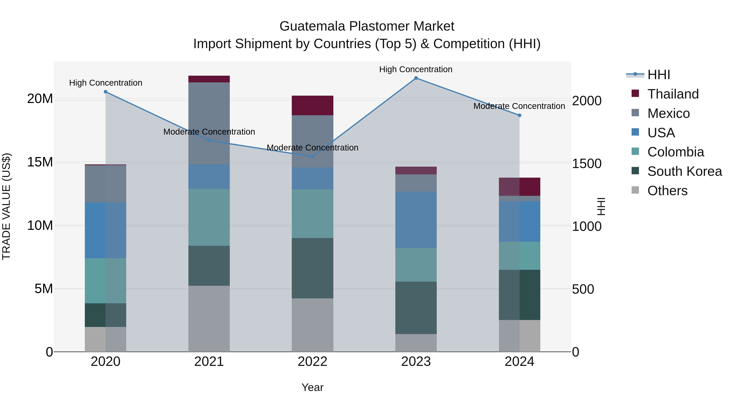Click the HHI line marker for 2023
coord(416,78)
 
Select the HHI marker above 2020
coord(105,92)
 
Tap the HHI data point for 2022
coord(312,156)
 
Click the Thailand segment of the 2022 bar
coord(312,105)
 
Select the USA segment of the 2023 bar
coord(416,219)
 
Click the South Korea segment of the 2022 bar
coord(312,268)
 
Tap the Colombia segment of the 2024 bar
coord(520,256)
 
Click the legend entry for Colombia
coord(675,152)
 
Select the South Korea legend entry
coord(684,171)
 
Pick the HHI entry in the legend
coord(658,75)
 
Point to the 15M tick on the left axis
coord(40,162)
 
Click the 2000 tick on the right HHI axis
coord(587,101)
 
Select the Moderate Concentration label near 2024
coord(519,106)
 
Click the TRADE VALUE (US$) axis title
coord(6,206)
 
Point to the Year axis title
coord(312,387)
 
